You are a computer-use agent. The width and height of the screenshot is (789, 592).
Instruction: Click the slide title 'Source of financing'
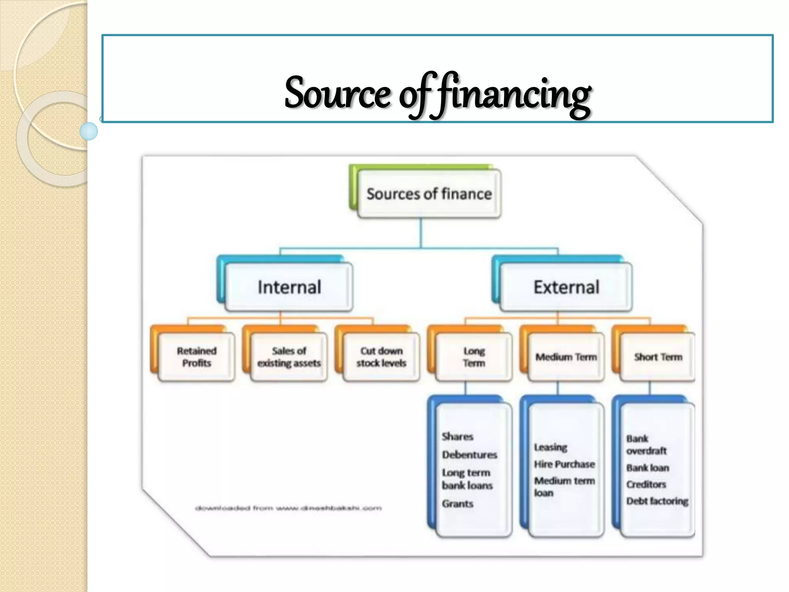point(438,94)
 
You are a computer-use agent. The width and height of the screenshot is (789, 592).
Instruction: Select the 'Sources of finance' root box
point(429,194)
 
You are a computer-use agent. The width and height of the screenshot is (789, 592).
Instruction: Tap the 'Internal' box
point(289,287)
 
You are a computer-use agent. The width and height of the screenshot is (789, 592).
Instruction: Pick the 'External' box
point(566,287)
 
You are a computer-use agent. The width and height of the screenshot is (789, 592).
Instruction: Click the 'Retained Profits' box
point(196,357)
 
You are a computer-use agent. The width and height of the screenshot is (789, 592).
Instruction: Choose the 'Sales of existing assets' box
point(289,357)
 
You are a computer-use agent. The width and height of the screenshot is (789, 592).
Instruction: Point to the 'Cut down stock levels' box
point(381,357)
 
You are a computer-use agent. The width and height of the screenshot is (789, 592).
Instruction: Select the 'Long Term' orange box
point(474,357)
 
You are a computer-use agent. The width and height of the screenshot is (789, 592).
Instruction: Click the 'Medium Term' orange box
point(566,357)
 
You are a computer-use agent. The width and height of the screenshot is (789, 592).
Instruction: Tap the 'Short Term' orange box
point(658,357)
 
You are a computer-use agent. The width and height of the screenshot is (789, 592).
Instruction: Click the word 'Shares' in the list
point(457,437)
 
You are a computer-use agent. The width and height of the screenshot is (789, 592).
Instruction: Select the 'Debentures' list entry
point(469,455)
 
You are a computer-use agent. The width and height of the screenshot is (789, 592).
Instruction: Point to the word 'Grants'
point(457,504)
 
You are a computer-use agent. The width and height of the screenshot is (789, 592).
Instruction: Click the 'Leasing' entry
point(551,447)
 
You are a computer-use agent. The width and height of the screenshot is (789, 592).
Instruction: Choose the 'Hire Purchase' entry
point(564,464)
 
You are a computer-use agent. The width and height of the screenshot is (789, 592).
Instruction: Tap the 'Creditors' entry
point(646,484)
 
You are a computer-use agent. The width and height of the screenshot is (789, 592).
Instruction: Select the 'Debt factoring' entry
point(657,501)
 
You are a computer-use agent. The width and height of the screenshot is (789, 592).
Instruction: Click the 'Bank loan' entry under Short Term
point(647,468)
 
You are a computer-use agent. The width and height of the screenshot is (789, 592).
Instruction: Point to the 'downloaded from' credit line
point(288,508)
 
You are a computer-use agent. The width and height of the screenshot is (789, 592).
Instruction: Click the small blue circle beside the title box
point(89,131)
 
